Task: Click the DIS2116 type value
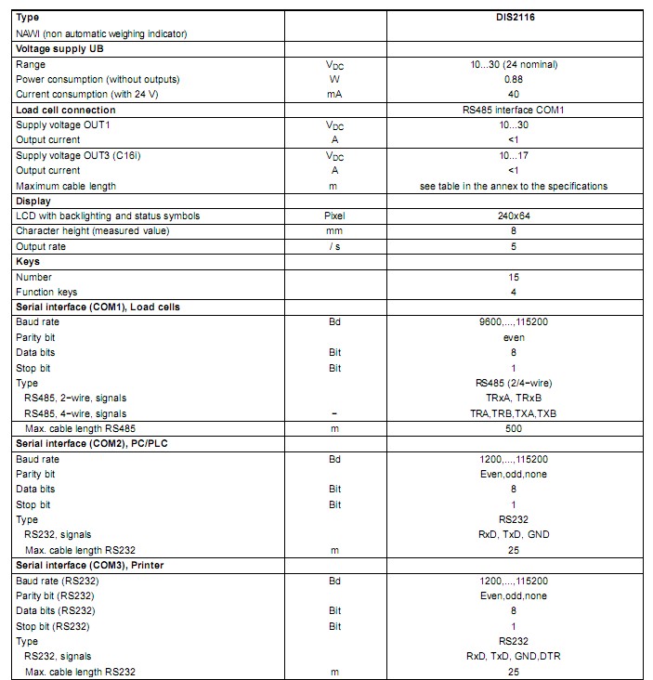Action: (513, 18)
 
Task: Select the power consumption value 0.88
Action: (513, 79)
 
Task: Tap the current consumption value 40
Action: (513, 94)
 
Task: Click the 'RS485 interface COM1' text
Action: (513, 110)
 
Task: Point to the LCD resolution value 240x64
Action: (513, 216)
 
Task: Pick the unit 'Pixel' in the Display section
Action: (333, 216)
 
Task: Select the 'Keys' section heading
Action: (28, 261)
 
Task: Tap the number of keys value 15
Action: (513, 277)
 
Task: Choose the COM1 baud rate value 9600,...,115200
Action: (513, 322)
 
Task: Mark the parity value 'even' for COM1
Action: (513, 337)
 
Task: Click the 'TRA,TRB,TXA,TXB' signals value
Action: (513, 413)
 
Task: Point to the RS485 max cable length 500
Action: (513, 428)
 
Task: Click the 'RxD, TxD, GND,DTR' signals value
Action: (513, 656)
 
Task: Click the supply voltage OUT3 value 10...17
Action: (513, 155)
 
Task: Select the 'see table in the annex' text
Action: (513, 186)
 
